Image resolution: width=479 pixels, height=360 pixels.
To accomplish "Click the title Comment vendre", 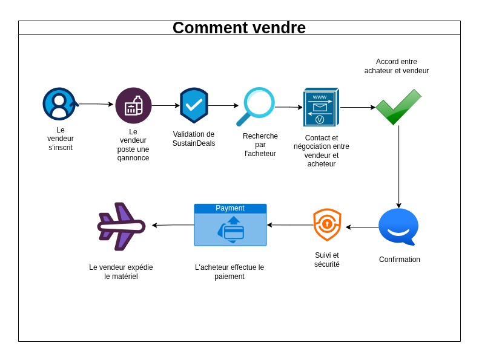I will coord(239,28).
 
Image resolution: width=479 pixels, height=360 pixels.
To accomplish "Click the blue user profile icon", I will coord(59,104).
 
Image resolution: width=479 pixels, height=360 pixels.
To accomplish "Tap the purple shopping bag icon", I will coord(133,106).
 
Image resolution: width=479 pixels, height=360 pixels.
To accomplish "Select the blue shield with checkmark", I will coord(194,105).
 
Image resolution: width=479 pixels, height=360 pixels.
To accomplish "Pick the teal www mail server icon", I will coord(320,107).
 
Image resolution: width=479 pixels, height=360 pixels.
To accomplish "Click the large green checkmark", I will coord(398,107).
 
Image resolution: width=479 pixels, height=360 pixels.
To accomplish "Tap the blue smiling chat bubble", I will coord(398,226).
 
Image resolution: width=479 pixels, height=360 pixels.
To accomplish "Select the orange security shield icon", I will coord(327,224).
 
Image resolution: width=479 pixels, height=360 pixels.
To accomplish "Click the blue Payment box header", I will coord(230,208).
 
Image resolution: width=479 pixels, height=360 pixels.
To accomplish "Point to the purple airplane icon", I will coord(121,226).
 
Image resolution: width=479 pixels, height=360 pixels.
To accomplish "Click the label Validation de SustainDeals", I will coord(194,139).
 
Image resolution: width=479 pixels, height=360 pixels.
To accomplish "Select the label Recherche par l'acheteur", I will coord(260,145).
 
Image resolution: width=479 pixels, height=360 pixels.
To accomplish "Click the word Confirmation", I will coord(400,260).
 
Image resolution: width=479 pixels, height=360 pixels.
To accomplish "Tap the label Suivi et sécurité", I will coord(327,260).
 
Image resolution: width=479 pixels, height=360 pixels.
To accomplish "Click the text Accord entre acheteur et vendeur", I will coord(397,66).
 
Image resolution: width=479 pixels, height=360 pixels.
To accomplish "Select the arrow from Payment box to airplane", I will coord(173,225).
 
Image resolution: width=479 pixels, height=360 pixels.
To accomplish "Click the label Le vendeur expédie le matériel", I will coord(121,272).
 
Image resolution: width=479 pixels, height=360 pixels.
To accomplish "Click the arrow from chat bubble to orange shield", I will coord(362,227).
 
